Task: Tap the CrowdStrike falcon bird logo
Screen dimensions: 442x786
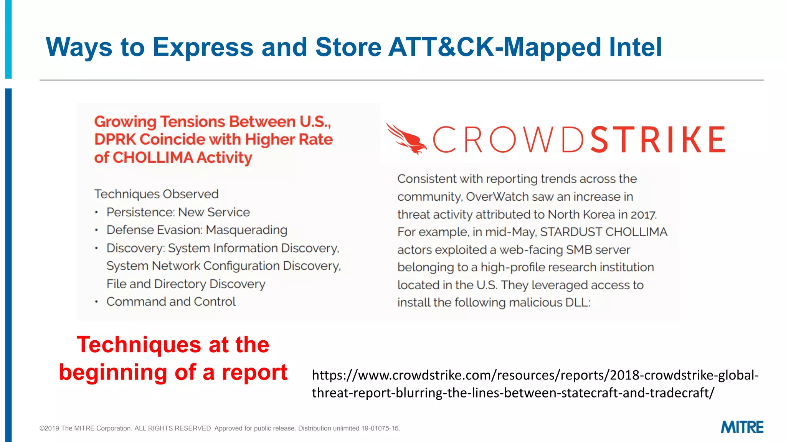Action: (406, 139)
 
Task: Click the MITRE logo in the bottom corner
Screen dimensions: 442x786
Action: (742, 427)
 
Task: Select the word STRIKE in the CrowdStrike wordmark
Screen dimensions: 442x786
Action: (657, 140)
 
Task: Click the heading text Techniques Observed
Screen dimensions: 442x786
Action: (156, 194)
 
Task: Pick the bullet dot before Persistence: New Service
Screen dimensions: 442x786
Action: (97, 213)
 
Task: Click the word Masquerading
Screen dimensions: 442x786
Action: (246, 230)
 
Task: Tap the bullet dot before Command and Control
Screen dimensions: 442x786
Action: (97, 302)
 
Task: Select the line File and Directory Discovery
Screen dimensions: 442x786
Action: (186, 284)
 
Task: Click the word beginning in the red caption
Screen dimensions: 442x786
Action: (113, 373)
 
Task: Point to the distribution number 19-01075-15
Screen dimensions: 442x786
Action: (380, 428)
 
